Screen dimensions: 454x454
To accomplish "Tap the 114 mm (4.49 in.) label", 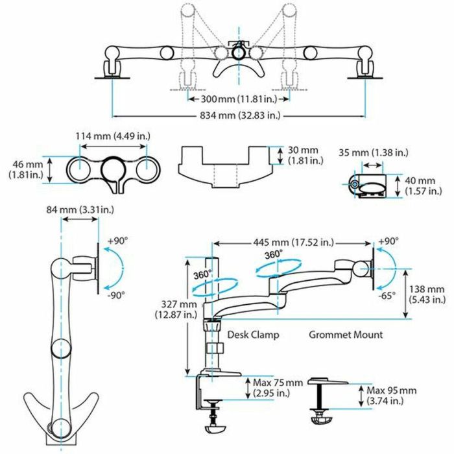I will (114, 137).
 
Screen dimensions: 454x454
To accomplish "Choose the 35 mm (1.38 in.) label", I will (374, 152).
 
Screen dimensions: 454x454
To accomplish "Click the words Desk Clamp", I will (253, 335).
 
